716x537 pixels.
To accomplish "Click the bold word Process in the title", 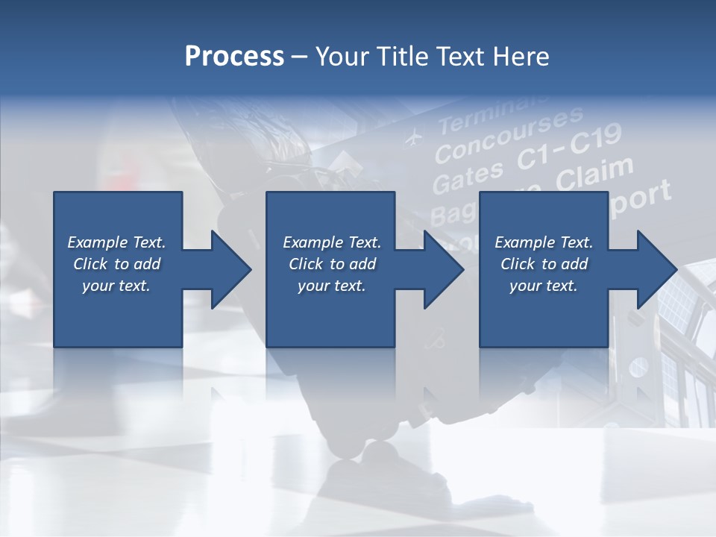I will pyautogui.click(x=234, y=56).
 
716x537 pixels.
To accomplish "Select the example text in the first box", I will pyautogui.click(x=116, y=263).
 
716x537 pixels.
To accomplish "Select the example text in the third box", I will pyautogui.click(x=544, y=263).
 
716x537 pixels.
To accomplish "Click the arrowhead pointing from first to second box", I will pyautogui.click(x=231, y=269).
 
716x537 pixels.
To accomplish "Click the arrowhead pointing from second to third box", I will pyautogui.click(x=444, y=269).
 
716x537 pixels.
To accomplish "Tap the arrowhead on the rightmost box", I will pyautogui.click(x=656, y=269).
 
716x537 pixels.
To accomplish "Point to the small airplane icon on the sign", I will pyautogui.click(x=412, y=138).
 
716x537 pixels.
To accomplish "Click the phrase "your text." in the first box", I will pyautogui.click(x=116, y=285).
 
